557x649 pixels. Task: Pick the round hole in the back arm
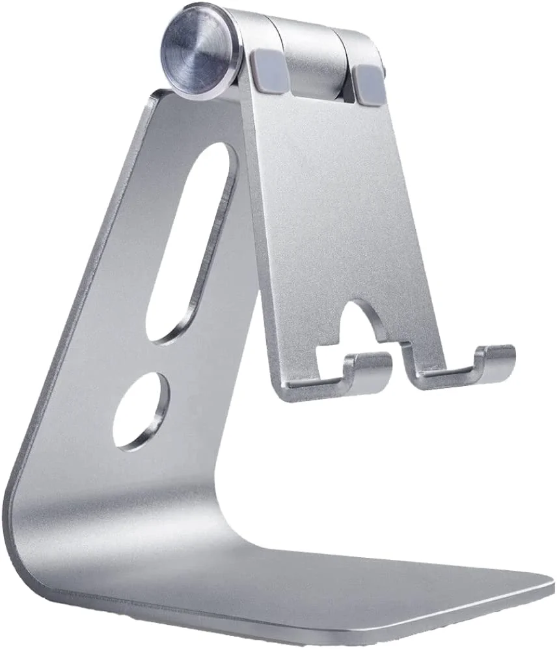point(141,410)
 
